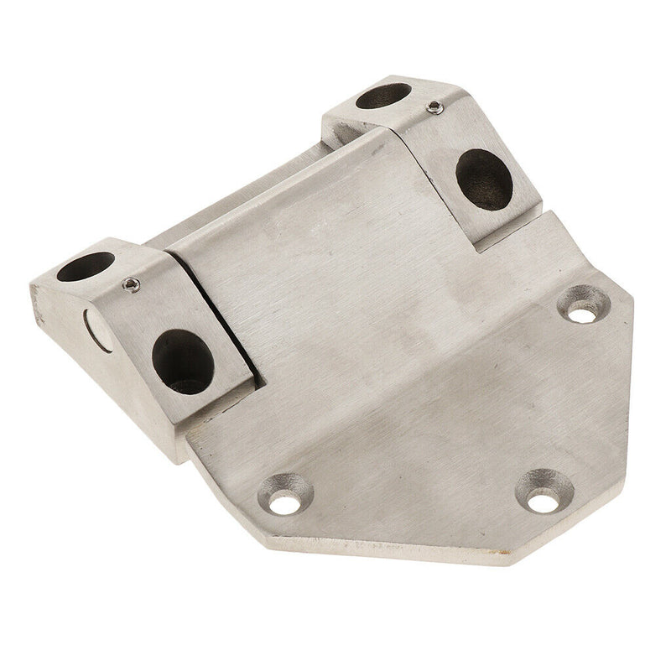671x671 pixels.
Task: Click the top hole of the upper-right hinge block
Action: tap(383, 96)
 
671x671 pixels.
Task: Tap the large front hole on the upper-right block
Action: tap(484, 179)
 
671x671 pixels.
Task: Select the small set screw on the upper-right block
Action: tap(433, 107)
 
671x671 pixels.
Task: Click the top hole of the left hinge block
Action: tap(86, 266)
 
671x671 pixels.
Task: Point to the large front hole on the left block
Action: tap(183, 362)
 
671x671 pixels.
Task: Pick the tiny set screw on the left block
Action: tap(129, 285)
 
